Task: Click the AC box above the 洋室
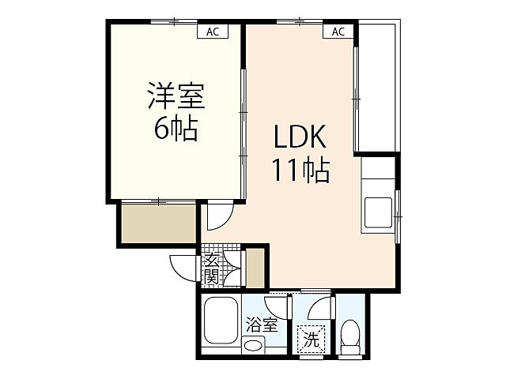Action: [212, 32]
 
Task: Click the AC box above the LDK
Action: [338, 32]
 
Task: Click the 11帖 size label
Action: [301, 169]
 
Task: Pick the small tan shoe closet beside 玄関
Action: [255, 268]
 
